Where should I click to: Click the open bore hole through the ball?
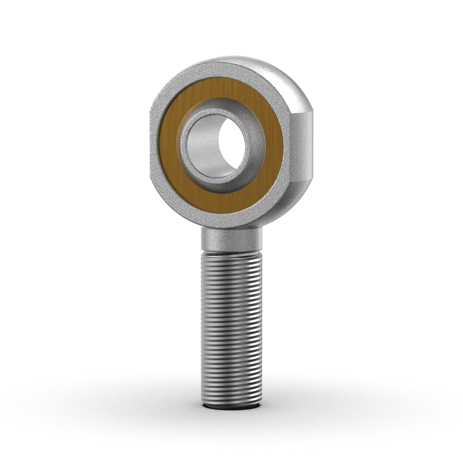click(233, 145)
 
